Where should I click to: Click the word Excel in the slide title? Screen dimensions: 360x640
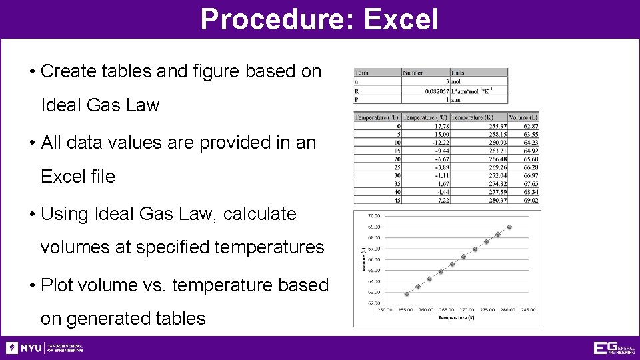[401, 19]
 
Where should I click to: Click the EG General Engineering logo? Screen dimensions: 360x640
[613, 348]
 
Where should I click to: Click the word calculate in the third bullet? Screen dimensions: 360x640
[260, 214]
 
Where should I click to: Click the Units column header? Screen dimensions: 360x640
[459, 72]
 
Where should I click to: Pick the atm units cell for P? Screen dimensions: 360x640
[457, 100]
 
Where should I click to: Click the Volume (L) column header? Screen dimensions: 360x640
[524, 117]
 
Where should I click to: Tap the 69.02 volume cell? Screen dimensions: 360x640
[530, 200]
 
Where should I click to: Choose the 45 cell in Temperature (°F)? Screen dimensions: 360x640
[397, 200]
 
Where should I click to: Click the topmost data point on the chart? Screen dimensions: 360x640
[509, 227]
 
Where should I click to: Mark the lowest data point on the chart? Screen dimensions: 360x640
[407, 293]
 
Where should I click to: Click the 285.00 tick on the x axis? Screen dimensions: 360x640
[529, 309]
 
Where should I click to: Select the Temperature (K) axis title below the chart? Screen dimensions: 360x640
[457, 318]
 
